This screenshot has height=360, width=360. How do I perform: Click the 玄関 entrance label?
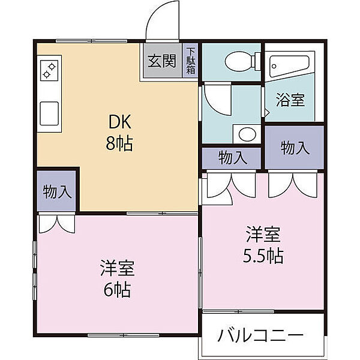tap(162, 61)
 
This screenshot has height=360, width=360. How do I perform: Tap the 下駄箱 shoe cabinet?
tap(190, 61)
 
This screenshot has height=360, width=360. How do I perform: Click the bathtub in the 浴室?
tap(288, 67)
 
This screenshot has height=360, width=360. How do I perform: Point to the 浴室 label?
tap(290, 100)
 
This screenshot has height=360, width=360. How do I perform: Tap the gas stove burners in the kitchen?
tap(49, 71)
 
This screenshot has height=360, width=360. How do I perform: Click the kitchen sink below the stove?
tap(49, 112)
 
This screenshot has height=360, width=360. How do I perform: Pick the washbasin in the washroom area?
tap(245, 133)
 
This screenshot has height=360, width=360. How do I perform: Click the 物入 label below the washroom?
tap(232, 158)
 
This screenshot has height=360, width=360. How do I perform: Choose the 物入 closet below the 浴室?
tap(295, 148)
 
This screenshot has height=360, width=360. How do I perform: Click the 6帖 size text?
tap(116, 291)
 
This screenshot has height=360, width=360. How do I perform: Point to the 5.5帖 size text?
tap(263, 256)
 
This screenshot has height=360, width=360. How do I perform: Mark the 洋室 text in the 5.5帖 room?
tap(263, 233)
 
